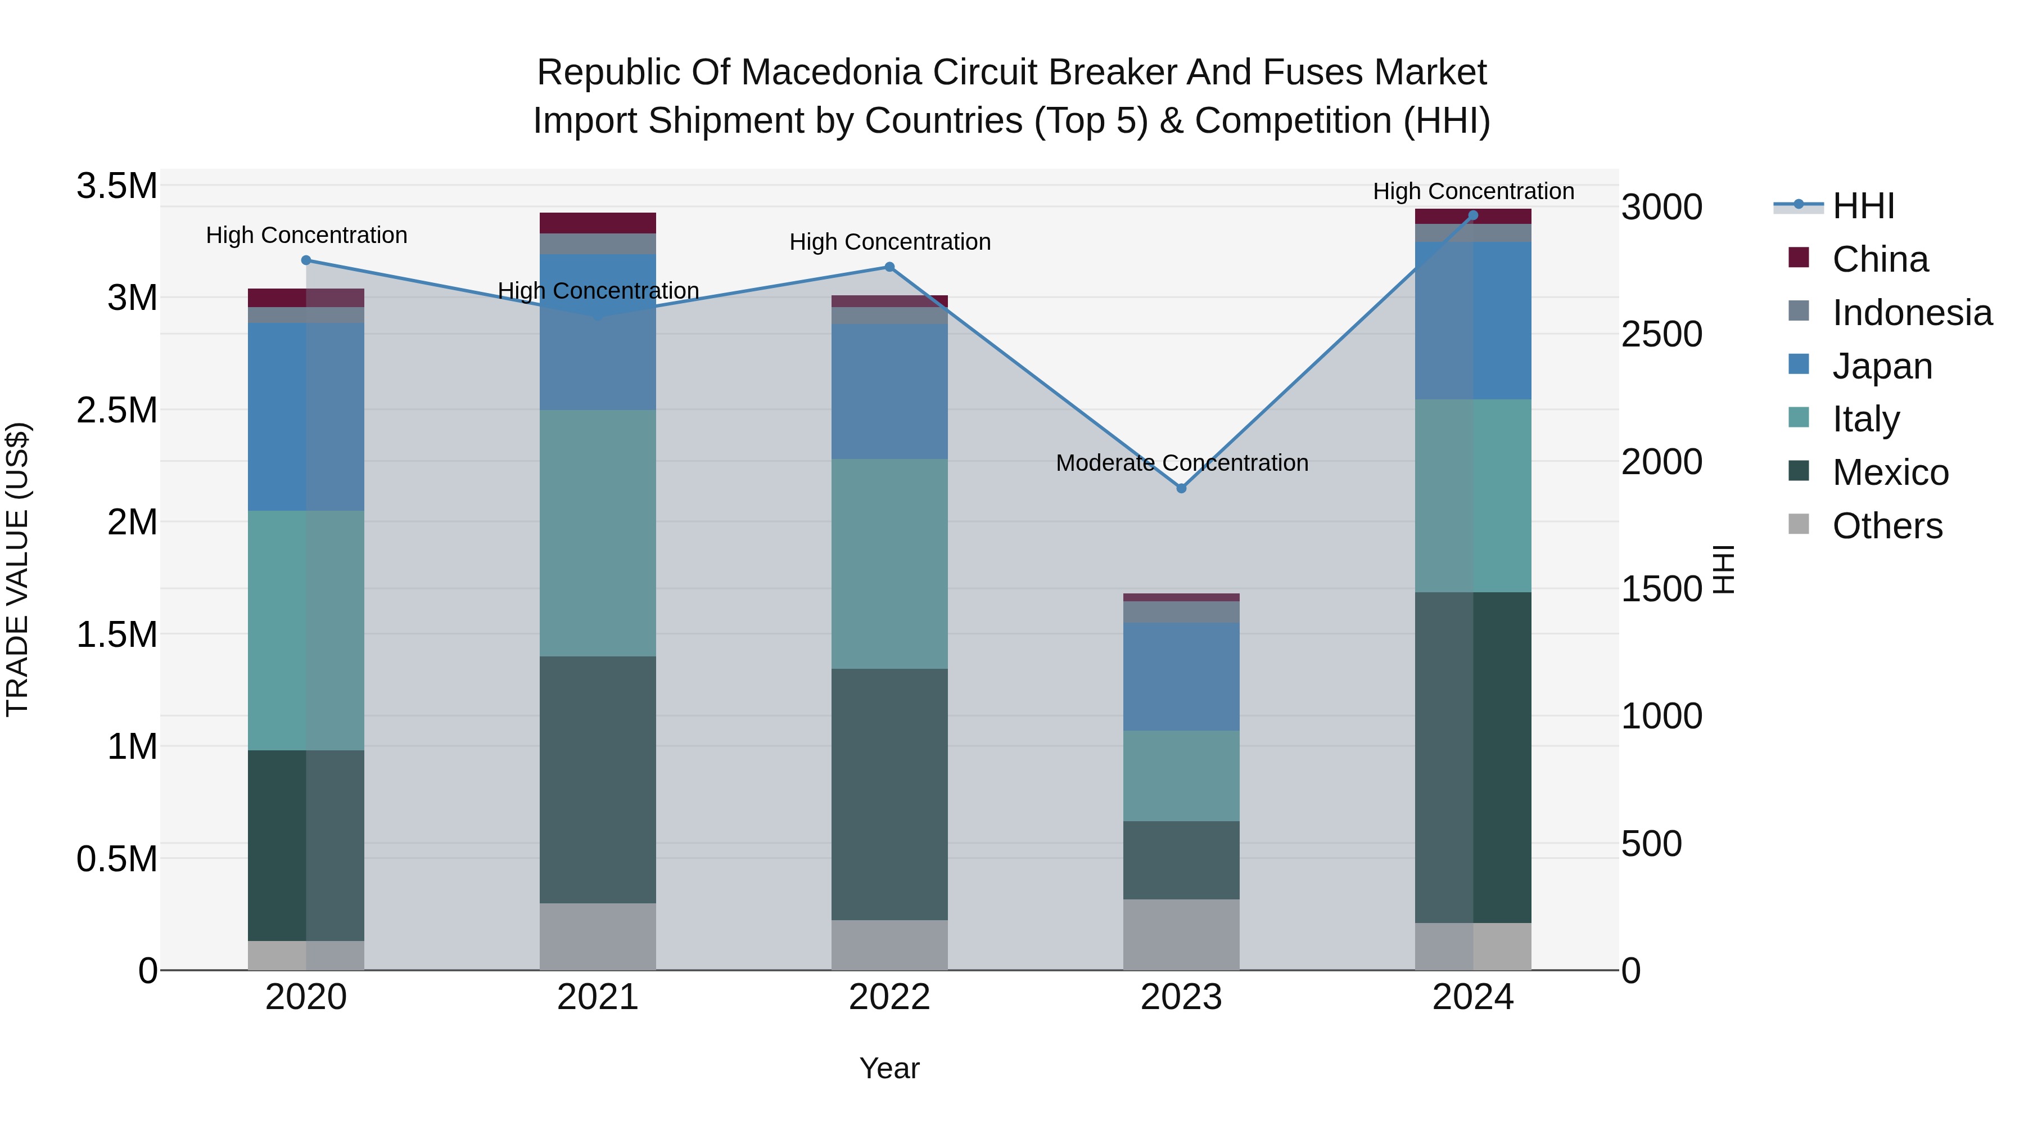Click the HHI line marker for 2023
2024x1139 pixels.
pyautogui.click(x=1181, y=488)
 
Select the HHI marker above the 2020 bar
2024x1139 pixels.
pyautogui.click(x=306, y=260)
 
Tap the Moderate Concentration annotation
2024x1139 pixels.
pyautogui.click(x=1182, y=463)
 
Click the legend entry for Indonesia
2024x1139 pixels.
pyautogui.click(x=1911, y=313)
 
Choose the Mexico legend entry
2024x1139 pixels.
pyautogui.click(x=1890, y=472)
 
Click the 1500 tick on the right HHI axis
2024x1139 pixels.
pyautogui.click(x=1661, y=589)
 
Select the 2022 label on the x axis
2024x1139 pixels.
pyautogui.click(x=889, y=997)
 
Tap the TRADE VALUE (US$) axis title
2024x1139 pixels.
pyautogui.click(x=17, y=569)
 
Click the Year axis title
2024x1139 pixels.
pyautogui.click(x=889, y=1068)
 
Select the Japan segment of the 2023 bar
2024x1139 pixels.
pyautogui.click(x=1181, y=676)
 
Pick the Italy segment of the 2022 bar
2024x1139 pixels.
pyautogui.click(x=889, y=563)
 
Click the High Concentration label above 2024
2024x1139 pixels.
pyautogui.click(x=1473, y=191)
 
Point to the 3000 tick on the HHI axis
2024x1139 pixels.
pyautogui.click(x=1661, y=208)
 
